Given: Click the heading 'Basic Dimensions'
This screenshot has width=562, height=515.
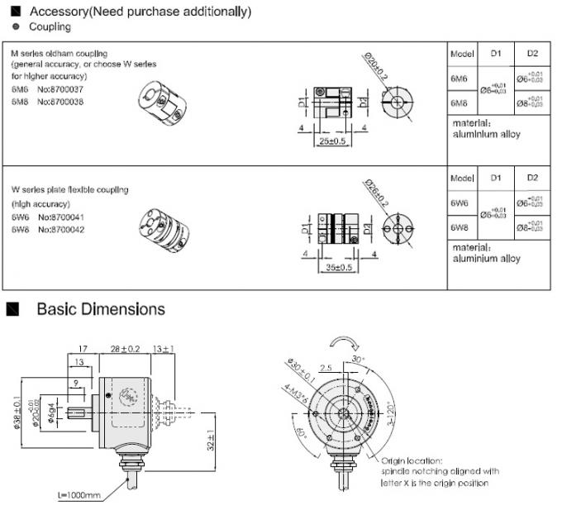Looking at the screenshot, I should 101,309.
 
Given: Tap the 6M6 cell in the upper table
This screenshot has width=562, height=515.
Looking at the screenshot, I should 460,79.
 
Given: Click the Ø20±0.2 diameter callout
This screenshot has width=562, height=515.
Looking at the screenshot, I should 374,65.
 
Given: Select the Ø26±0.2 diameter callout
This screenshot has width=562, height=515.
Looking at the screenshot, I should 374,193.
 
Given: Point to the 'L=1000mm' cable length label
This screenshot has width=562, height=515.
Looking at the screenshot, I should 79,495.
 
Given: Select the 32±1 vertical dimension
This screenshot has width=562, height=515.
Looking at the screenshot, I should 211,442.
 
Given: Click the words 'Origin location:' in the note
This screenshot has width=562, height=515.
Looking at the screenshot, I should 411,460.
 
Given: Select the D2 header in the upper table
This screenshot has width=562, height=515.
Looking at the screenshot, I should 531,53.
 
